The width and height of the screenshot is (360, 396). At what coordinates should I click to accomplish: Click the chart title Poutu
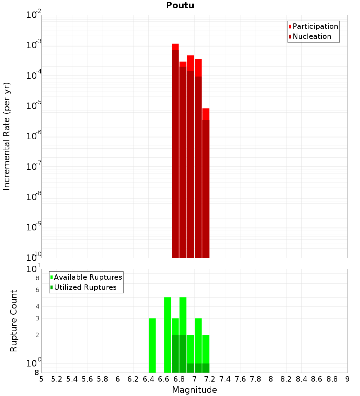tap(180, 5)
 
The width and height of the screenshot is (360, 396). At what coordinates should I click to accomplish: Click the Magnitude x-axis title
tap(194, 390)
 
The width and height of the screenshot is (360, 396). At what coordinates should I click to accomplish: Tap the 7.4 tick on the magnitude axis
tap(225, 379)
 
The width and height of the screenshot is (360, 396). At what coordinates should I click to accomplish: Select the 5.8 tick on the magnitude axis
tap(103, 379)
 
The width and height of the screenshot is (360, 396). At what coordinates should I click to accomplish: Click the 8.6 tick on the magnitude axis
tap(317, 379)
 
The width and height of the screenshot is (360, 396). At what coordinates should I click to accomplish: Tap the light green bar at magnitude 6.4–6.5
tap(152, 346)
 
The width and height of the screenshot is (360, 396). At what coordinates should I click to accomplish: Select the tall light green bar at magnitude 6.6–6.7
tap(167, 335)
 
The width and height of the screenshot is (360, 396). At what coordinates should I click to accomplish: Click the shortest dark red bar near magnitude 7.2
tap(206, 189)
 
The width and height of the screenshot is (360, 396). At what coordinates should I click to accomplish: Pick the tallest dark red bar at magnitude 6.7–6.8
tap(175, 155)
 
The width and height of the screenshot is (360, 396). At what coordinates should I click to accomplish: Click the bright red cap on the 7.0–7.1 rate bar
tap(198, 67)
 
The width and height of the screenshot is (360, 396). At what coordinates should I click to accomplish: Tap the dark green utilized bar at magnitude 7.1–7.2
tap(206, 368)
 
